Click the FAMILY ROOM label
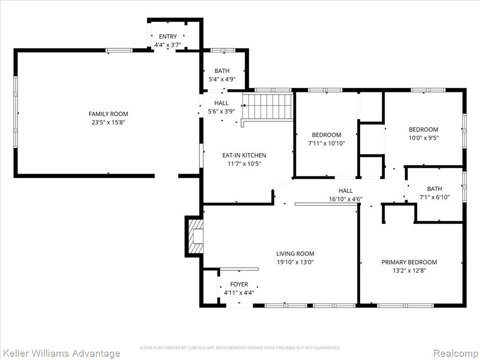[x=108, y=114]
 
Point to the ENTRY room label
[x=168, y=37]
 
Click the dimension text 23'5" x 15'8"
[x=108, y=122]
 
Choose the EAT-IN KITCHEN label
[x=244, y=155]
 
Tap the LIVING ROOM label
[x=295, y=254]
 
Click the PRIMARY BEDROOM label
[x=409, y=262]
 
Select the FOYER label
[x=239, y=285]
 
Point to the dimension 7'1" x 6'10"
[x=435, y=197]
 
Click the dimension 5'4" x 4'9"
[x=222, y=80]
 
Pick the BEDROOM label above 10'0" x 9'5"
[x=423, y=129]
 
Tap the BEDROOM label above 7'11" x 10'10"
[x=327, y=135]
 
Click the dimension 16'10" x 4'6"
[x=345, y=199]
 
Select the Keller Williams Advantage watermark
[x=60, y=353]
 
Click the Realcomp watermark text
[x=456, y=353]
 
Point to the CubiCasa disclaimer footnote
[x=240, y=348]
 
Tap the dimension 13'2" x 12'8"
[x=409, y=270]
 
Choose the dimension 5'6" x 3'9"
[x=221, y=112]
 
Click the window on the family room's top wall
[x=119, y=51]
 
